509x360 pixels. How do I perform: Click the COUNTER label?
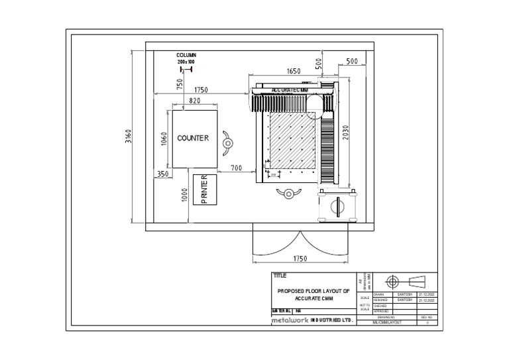pos(193,139)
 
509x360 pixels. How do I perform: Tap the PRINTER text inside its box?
pos(204,190)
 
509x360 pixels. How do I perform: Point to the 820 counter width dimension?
pos(194,101)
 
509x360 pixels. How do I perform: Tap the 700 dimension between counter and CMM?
pos(237,169)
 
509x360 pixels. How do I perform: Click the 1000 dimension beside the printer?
pos(186,194)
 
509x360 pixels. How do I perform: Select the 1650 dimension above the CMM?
pos(294,71)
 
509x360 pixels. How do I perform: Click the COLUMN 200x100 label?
pos(186,58)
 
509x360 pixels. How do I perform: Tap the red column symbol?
pos(186,68)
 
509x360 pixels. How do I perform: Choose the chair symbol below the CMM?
pos(288,193)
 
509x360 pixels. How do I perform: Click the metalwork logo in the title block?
pos(290,320)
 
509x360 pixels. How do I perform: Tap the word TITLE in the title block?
pos(280,275)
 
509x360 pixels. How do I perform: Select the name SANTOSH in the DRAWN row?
pos(405,294)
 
